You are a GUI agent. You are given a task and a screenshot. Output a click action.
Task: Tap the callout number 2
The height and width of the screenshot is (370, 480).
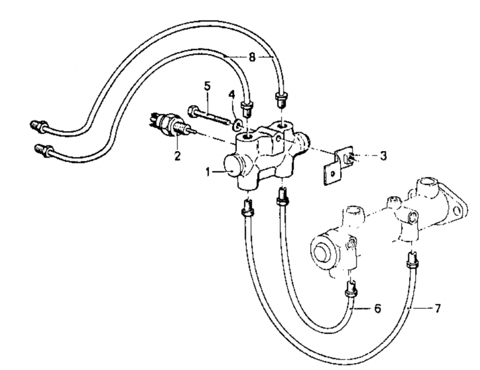[x=178, y=155]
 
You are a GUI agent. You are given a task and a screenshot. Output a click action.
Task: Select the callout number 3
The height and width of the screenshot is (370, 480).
[x=383, y=156]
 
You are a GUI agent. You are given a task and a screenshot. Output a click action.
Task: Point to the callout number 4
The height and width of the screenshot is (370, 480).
[x=232, y=95]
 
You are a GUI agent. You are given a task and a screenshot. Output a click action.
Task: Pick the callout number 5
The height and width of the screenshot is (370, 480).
[x=207, y=86]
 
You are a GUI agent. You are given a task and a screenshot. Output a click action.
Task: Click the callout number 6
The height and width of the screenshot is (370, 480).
[x=377, y=308]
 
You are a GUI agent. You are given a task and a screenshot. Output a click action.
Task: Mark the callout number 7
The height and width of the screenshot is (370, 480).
[x=437, y=308]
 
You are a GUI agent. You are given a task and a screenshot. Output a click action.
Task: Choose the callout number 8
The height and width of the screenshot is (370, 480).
[x=252, y=57]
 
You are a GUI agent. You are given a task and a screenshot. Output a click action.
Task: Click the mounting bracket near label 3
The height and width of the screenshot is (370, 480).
[x=337, y=167]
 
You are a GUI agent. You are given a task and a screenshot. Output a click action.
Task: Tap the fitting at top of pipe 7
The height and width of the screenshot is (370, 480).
[x=412, y=259]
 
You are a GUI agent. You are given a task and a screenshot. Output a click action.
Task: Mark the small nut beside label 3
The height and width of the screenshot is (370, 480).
[x=350, y=158]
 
